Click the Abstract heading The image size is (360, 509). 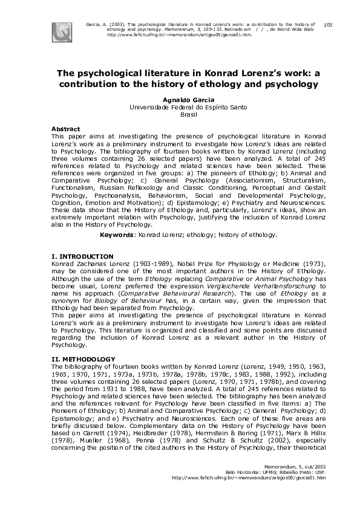(x=66, y=129)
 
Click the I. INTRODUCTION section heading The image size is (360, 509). (x=82, y=257)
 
